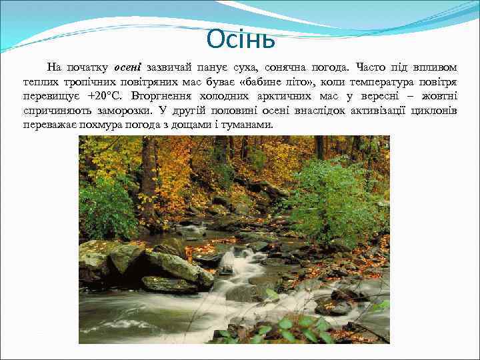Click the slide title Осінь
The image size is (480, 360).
point(240,39)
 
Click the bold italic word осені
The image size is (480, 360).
point(128,67)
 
